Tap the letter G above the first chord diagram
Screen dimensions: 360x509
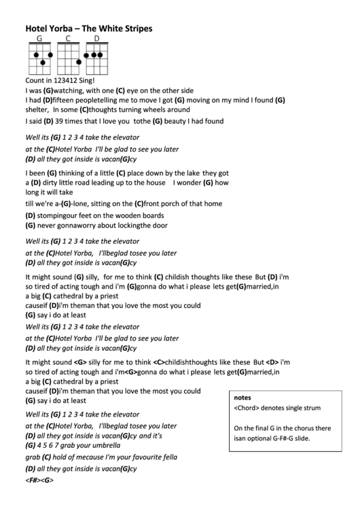(39, 39)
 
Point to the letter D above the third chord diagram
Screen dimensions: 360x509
(96, 39)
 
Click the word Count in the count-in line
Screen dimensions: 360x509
(34, 80)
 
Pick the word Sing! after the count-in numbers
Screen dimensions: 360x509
(98, 80)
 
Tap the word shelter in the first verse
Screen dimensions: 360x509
(36, 109)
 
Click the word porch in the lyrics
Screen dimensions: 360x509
(171, 203)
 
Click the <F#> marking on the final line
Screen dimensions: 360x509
(32, 480)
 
